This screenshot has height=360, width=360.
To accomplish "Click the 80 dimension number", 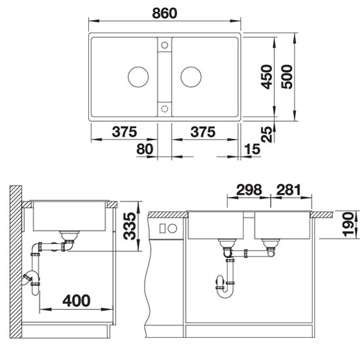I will point(146,150).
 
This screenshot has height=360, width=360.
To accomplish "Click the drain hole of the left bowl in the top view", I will point(138,76).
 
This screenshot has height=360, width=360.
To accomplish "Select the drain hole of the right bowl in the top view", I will point(190,76).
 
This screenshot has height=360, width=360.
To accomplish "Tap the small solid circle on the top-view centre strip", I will point(164,46).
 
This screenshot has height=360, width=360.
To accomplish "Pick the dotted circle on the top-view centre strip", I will point(164,106).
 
